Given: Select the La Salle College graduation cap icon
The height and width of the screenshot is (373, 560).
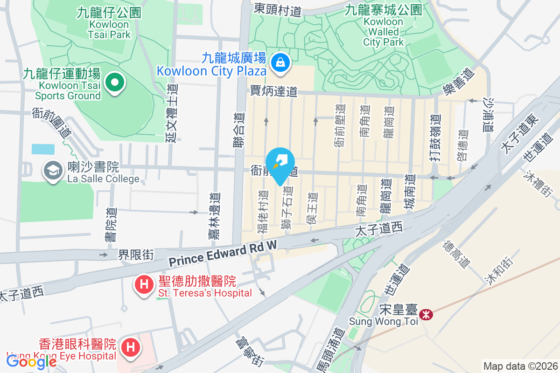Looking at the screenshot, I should click(53, 170).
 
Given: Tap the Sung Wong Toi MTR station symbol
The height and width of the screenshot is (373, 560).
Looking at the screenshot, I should click(426, 315).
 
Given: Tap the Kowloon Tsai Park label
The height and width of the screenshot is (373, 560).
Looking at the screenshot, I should click(109, 23).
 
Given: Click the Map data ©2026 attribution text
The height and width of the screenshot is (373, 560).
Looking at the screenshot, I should click(520, 366).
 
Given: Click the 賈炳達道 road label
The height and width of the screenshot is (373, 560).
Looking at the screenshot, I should click(273, 91).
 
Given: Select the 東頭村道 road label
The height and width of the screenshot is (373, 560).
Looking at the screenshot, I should click(278, 9).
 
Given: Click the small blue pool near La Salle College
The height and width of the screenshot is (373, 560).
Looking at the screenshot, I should click(43, 149).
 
